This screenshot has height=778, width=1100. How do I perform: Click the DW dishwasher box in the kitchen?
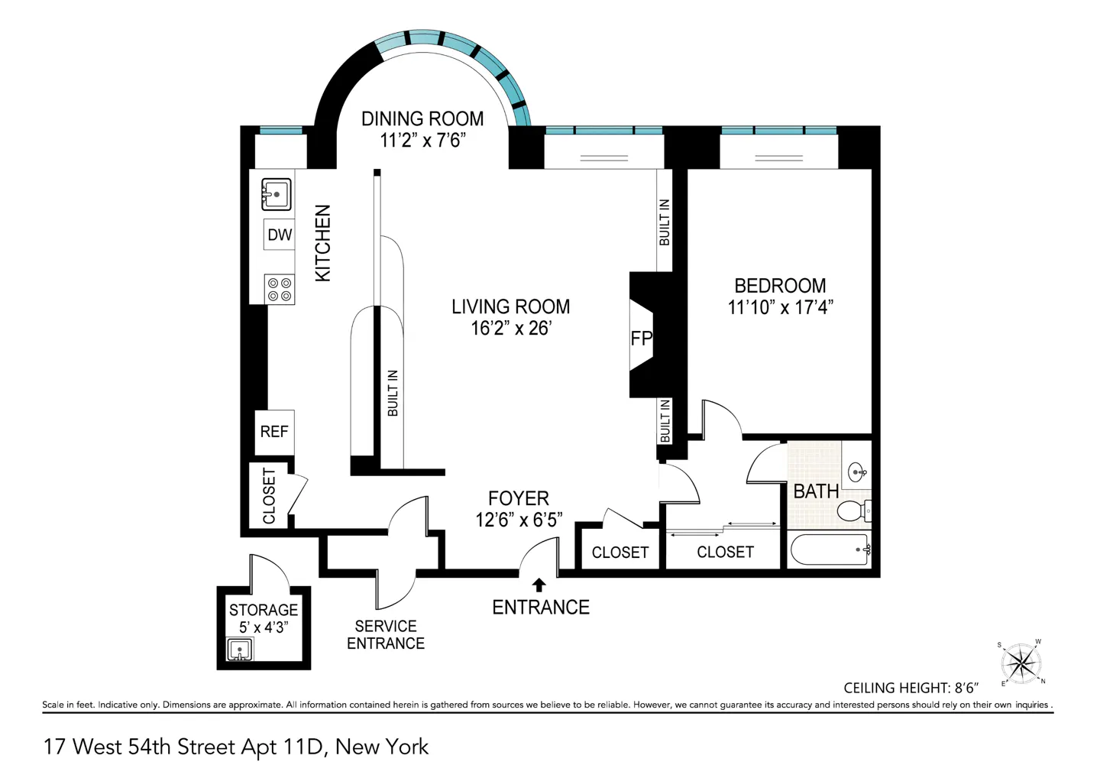pos(280,235)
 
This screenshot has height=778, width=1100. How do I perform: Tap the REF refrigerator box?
pos(274,433)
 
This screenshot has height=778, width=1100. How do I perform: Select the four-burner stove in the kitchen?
pos(280,290)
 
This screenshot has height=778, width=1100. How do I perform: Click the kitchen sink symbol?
pos(276,194)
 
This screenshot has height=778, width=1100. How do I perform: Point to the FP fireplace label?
pos(642,339)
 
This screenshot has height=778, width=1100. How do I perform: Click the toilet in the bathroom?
pos(853,511)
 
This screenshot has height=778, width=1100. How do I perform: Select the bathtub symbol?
pos(830,550)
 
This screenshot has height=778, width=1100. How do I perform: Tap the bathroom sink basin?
pos(857,472)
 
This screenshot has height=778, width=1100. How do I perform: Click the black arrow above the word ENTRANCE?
pos(539,585)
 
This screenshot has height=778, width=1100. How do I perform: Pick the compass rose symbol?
pos(1021,664)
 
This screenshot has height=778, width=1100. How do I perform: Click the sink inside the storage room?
pos(240,650)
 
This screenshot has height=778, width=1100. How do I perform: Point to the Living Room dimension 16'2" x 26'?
pos(511,328)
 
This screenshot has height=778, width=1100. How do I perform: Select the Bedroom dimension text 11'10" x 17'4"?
pos(781,307)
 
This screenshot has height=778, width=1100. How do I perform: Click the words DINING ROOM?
pos(422,119)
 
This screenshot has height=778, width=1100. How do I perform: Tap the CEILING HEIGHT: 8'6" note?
pos(911,688)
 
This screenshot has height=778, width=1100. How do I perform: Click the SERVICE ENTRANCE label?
pos(386,634)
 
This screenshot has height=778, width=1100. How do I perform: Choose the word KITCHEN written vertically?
pos(322,243)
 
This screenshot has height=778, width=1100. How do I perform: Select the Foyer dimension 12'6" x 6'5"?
pos(519,520)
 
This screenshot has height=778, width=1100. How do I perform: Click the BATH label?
pos(816,491)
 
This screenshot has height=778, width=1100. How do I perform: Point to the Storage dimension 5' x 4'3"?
pos(264,627)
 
